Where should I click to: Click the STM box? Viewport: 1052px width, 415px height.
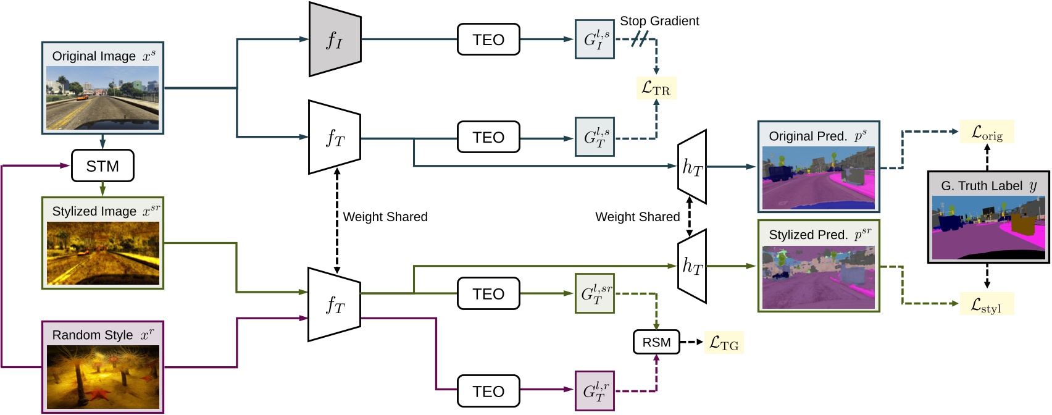(102, 166)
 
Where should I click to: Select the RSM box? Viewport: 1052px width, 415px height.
(656, 342)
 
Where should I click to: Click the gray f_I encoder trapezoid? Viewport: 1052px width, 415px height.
(335, 40)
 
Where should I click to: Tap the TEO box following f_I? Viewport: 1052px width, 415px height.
(488, 40)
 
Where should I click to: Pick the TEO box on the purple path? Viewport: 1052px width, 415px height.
(488, 391)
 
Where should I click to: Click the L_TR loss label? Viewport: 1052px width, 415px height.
(656, 88)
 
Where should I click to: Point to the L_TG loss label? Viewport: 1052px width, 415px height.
(724, 343)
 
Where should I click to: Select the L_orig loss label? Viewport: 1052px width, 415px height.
(987, 132)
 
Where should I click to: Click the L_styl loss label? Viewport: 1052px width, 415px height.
(987, 304)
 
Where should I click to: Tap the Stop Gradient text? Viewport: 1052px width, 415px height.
(659, 21)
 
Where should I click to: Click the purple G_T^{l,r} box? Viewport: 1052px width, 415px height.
(595, 391)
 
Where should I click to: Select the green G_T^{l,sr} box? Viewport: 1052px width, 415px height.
(595, 293)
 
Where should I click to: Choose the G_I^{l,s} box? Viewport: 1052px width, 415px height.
(595, 40)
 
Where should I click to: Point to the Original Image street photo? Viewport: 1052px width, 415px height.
(102, 98)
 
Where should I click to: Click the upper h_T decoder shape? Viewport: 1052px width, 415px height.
(692, 167)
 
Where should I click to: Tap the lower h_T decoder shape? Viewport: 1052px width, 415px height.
(692, 266)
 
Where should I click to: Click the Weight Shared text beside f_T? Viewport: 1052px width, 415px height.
(385, 217)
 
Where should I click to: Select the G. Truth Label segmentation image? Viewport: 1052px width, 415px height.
(988, 227)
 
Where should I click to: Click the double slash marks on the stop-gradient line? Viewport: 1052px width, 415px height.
(640, 40)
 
